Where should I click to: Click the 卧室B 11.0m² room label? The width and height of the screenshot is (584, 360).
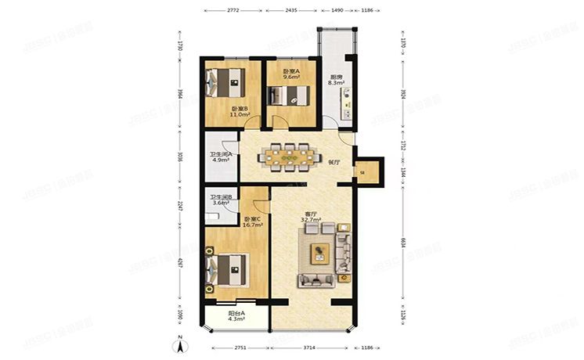239,111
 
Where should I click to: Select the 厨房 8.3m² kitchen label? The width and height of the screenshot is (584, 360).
337,79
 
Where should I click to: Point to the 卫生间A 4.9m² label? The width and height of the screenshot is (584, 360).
220,157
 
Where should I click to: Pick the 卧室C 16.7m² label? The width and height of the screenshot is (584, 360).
252,221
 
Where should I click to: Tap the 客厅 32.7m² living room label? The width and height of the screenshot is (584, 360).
310,217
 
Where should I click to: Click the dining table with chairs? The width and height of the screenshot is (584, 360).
290,156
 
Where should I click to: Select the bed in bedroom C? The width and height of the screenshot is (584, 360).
227,268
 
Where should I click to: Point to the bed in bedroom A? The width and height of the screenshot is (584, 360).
290,95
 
